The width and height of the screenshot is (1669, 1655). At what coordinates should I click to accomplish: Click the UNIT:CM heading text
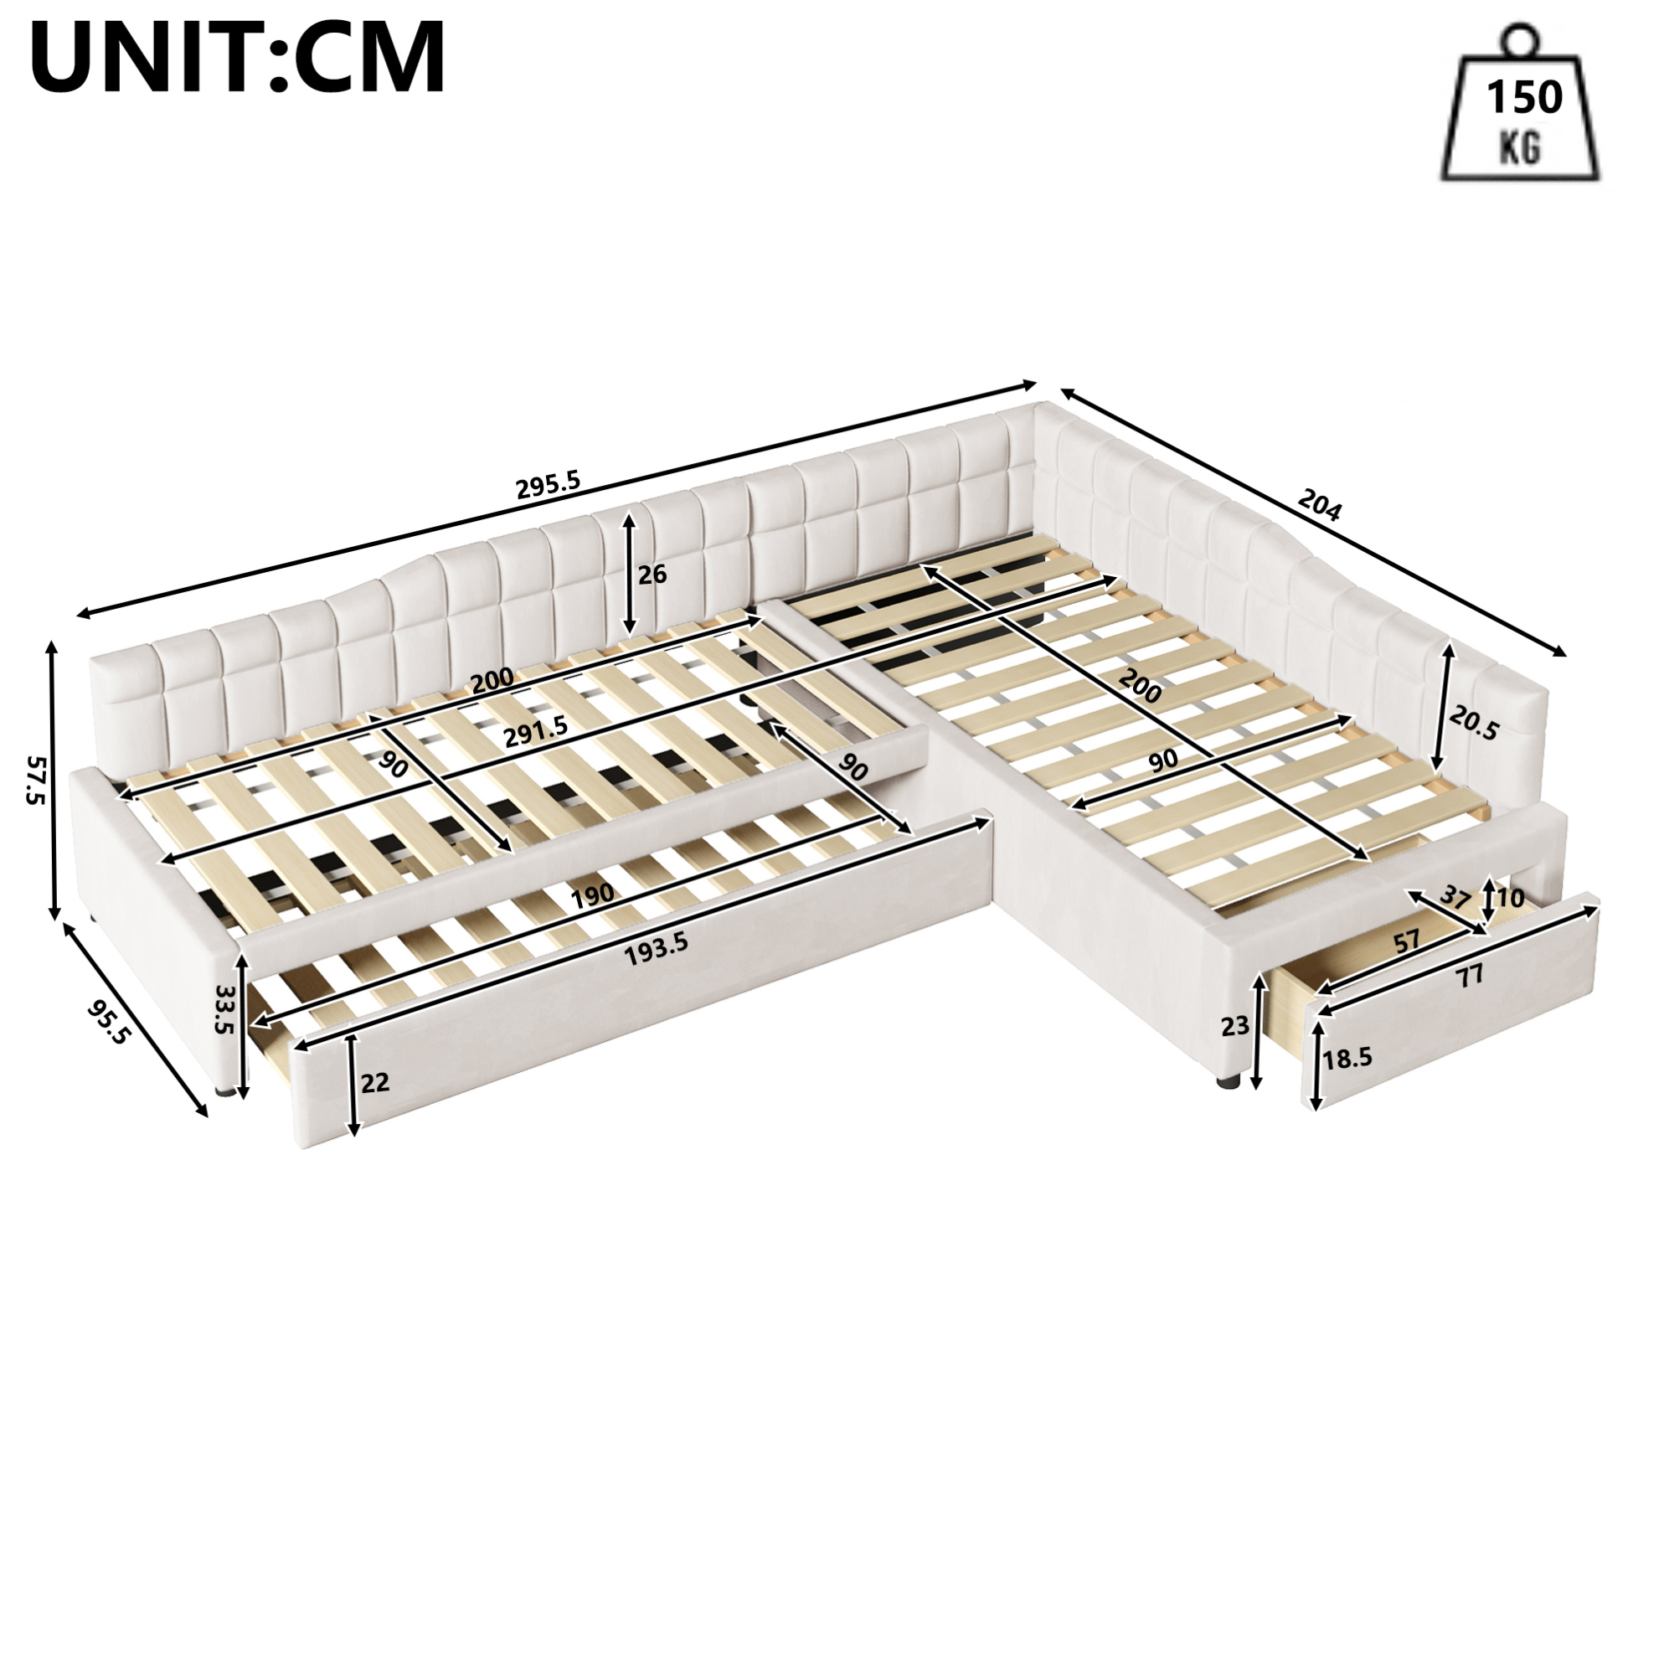coord(239,57)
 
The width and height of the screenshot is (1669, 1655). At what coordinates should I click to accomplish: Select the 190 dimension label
coord(592,894)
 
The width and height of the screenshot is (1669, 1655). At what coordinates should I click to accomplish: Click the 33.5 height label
coord(225,1010)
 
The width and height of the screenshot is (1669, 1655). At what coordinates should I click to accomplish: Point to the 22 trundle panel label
coord(374,1081)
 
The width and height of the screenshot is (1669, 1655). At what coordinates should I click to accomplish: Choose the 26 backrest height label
coord(652,574)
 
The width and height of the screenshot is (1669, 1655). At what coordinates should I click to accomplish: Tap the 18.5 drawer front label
coord(1347,1057)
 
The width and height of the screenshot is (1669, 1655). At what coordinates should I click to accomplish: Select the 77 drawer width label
coord(1470,976)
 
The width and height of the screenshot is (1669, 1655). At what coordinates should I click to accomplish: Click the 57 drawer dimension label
coord(1406,940)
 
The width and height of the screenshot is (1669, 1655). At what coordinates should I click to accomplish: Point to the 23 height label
coord(1235,1025)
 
